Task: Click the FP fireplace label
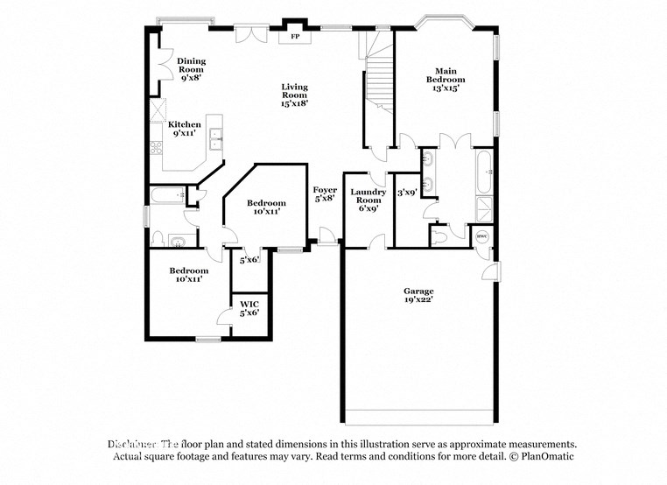294,38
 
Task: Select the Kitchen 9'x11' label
185,129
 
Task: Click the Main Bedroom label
444,79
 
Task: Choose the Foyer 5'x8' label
325,194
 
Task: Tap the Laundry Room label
368,200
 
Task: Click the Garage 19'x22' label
418,296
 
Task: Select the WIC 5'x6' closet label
249,308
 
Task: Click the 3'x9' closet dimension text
406,193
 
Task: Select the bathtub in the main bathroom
484,172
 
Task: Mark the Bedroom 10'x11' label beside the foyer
265,207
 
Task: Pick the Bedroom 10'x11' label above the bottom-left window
189,275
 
